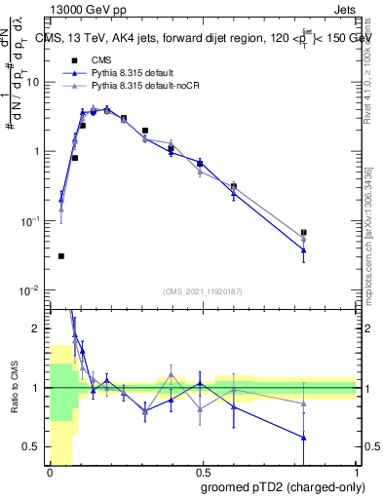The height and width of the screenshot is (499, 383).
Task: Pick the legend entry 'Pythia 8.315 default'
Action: pos(138,73)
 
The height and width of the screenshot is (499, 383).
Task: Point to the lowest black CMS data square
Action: pos(61,256)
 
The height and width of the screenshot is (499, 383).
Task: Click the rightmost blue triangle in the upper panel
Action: pos(304,250)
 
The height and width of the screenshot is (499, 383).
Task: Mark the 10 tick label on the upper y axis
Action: pos(35,82)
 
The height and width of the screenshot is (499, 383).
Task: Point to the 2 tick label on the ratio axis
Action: pos(39,328)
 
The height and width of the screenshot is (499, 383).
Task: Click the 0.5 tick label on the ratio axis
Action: pos(34,447)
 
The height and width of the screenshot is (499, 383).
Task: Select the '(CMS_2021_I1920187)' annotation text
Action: pos(203,291)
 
